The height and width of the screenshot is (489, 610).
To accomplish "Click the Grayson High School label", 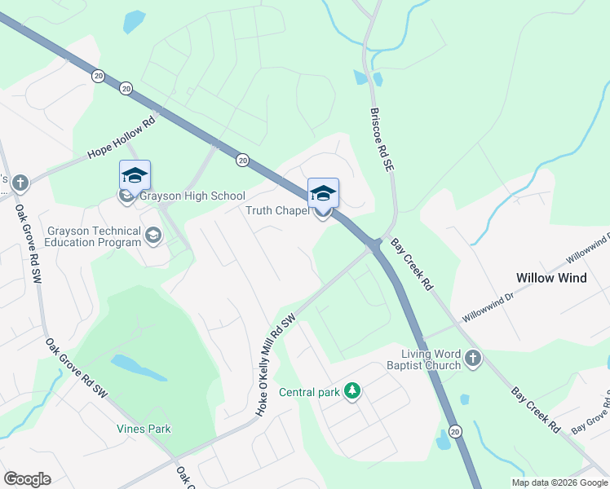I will click(x=192, y=196).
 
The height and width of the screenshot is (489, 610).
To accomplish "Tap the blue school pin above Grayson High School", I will click(x=135, y=174).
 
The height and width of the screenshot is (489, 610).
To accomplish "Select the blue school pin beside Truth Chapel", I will click(x=323, y=193).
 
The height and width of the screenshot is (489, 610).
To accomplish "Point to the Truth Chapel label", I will click(x=277, y=211).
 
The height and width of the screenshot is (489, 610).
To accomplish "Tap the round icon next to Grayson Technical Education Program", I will click(x=152, y=236).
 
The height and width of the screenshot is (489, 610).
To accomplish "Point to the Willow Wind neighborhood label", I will click(x=551, y=278).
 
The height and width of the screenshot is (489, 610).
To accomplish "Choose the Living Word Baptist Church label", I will click(x=431, y=359).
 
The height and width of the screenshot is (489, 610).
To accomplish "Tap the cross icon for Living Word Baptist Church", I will click(x=472, y=358).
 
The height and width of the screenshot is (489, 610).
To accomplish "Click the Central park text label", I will click(x=309, y=392).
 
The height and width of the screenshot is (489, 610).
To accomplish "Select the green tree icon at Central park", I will click(x=352, y=392).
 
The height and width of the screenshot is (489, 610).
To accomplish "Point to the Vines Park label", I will click(x=143, y=429).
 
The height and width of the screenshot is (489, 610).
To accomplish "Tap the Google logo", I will click(x=27, y=479).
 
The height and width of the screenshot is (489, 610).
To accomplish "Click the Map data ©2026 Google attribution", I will click(x=559, y=482).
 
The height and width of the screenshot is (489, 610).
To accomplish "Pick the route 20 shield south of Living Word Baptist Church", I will click(x=455, y=430).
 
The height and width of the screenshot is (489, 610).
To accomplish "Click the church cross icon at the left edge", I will click(x=20, y=183).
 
